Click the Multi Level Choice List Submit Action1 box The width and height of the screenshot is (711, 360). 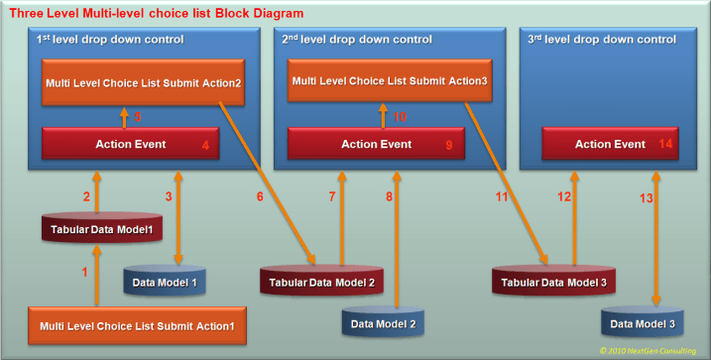tap(137, 325)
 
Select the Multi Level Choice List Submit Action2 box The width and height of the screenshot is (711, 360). tap(142, 83)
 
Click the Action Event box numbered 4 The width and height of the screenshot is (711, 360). tap(130, 145)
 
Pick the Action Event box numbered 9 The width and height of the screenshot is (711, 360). tap(376, 145)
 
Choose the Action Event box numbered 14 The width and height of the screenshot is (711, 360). tap(609, 145)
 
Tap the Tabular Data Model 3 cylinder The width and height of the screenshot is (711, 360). tap(552, 283)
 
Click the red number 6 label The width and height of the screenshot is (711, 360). tap(260, 197)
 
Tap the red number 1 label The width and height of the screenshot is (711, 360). tap(84, 272)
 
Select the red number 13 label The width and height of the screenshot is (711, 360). tap(646, 197)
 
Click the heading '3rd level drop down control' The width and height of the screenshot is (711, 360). tap(604, 40)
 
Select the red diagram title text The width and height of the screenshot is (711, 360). tap(155, 13)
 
